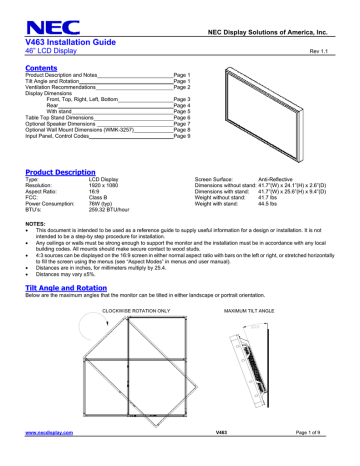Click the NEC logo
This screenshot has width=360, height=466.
click(44, 15)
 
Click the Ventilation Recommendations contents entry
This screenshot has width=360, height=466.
click(64, 87)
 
